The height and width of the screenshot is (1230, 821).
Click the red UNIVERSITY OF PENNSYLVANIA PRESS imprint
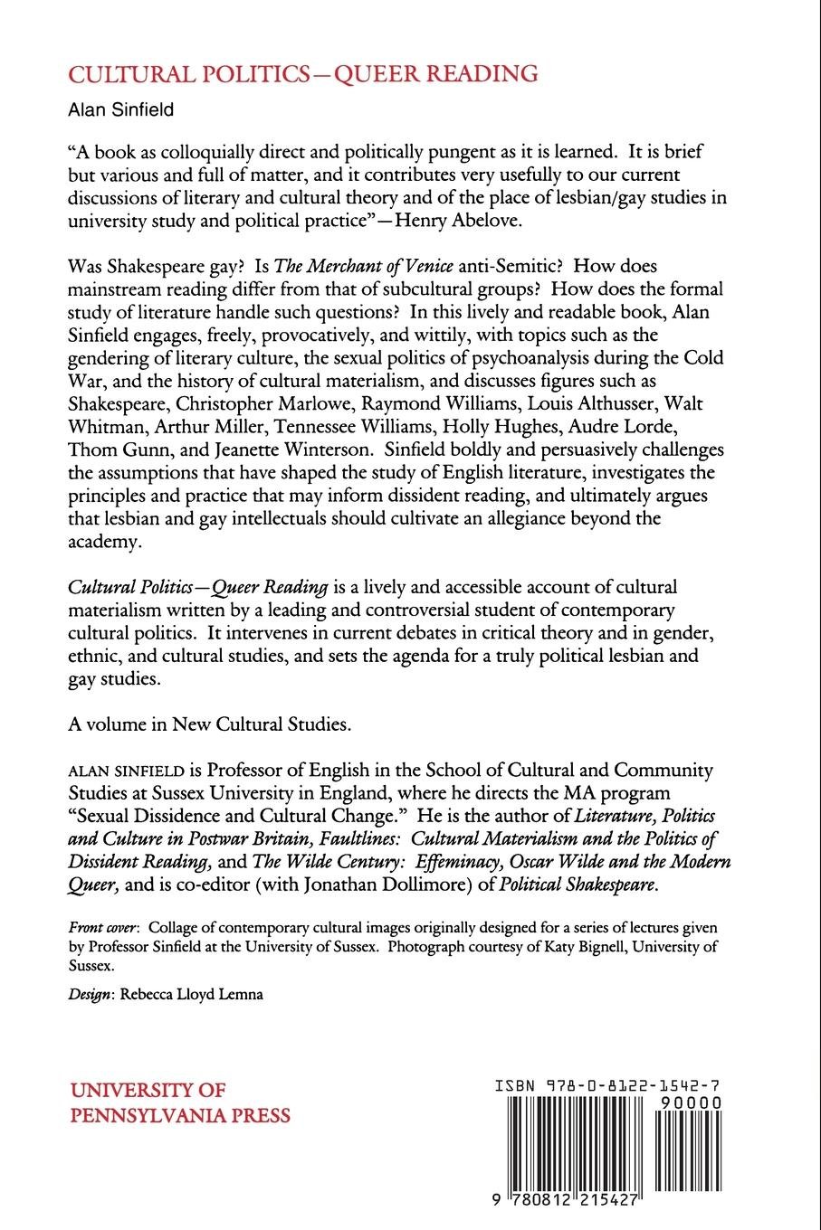180,1102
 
